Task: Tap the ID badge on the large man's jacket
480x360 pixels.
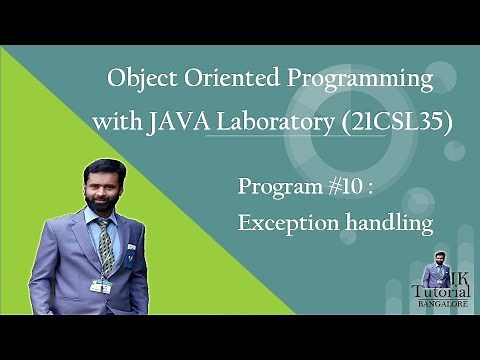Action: point(99,285)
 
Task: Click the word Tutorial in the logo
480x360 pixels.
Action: point(440,290)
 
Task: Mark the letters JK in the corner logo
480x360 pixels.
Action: point(456,273)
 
